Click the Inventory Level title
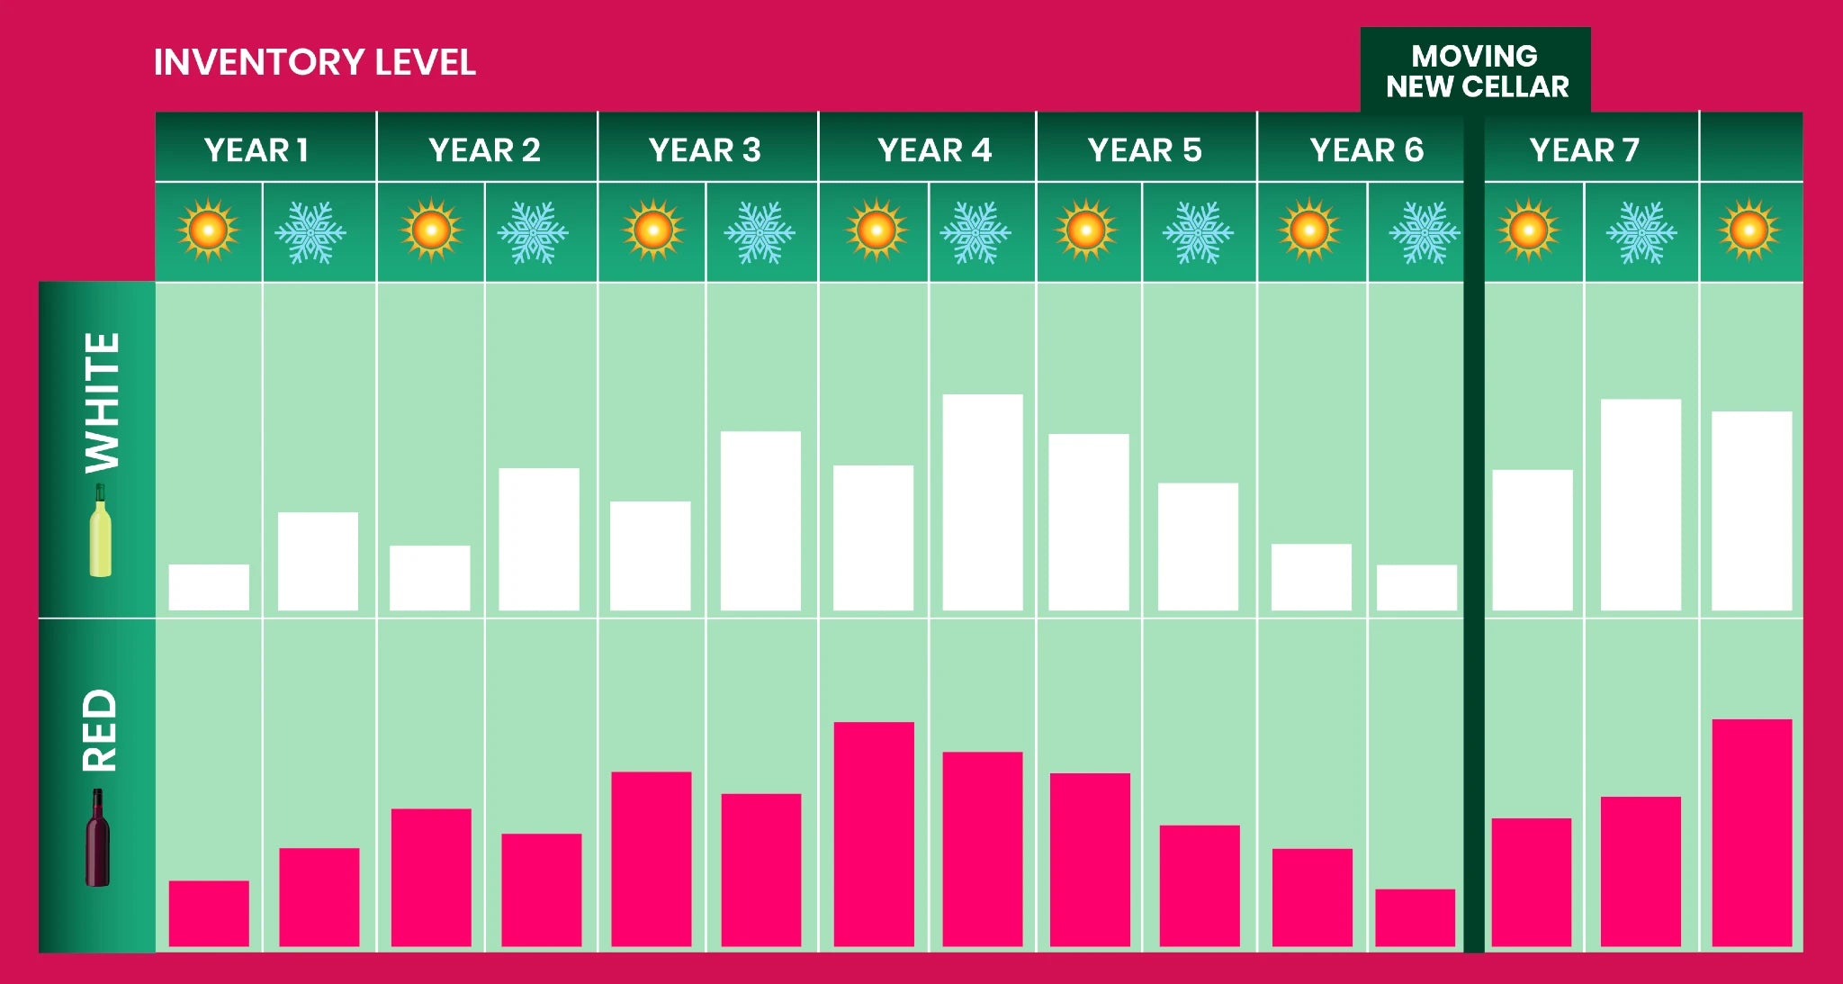tap(314, 62)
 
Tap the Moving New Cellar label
tap(1476, 71)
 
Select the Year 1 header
tap(256, 149)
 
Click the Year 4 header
tap(934, 149)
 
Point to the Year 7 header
tap(1584, 149)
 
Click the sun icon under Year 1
tap(208, 230)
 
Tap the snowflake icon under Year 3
tap(760, 232)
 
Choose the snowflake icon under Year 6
tap(1424, 232)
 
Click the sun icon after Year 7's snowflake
tap(1749, 230)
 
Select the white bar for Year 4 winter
tap(982, 502)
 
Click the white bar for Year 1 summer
tap(209, 587)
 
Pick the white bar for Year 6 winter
tap(1416, 587)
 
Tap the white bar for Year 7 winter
tap(1641, 504)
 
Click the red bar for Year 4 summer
tap(874, 834)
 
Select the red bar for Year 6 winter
tap(1415, 917)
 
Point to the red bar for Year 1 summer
tap(209, 913)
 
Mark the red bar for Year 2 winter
tap(541, 889)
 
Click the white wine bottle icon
tap(101, 531)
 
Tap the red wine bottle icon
tap(97, 838)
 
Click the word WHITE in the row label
tap(102, 402)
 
